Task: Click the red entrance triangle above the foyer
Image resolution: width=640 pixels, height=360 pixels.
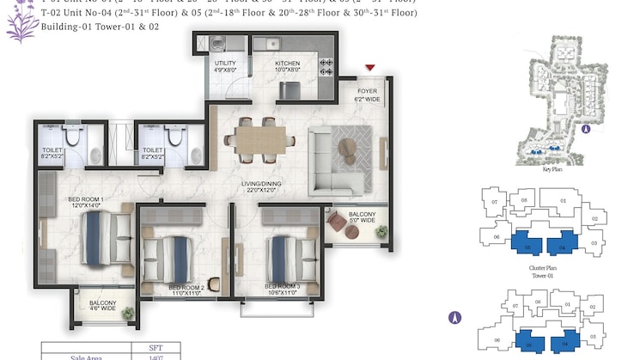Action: point(370,68)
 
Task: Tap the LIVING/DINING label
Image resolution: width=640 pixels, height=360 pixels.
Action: point(262,186)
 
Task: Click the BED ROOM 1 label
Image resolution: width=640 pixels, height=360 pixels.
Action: point(86,204)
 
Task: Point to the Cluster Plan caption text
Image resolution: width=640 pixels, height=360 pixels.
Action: point(544,268)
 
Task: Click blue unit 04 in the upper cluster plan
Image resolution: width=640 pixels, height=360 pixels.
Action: point(562,245)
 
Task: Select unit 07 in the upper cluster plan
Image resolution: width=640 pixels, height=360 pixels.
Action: point(493,202)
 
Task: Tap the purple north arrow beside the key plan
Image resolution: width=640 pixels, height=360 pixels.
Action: point(585,131)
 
